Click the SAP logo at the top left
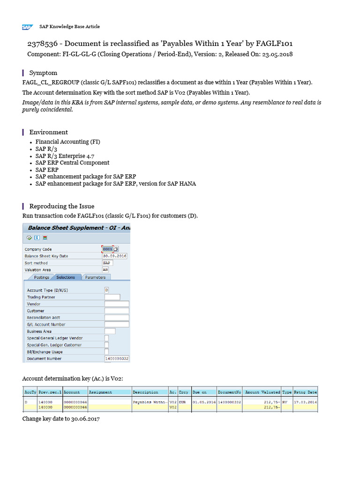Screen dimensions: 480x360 (x=27, y=27)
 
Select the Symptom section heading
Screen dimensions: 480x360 (x=43, y=73)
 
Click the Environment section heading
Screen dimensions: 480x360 (x=48, y=132)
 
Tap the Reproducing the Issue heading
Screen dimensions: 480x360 (x=61, y=206)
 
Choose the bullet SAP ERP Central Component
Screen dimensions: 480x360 (x=72, y=163)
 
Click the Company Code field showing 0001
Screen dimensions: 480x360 (x=108, y=249)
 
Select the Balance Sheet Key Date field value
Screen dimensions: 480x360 (x=115, y=256)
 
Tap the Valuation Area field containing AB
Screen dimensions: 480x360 (x=105, y=270)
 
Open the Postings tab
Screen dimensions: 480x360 (x=41, y=277)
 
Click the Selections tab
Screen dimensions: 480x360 (x=66, y=277)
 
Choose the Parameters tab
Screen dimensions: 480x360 (x=95, y=277)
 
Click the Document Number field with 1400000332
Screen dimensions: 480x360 (x=117, y=359)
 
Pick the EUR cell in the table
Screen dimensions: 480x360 (x=183, y=402)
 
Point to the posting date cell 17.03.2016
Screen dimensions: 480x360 (x=305, y=402)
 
